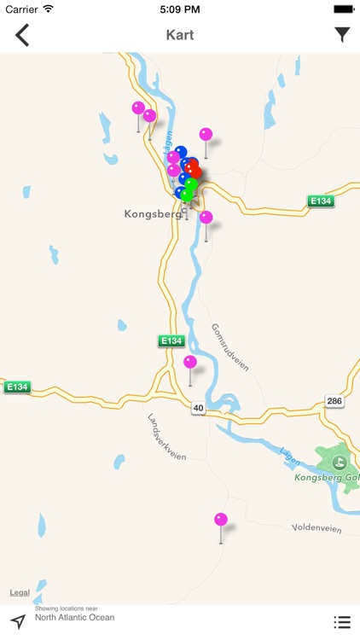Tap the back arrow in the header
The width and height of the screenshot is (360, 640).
coord(22,35)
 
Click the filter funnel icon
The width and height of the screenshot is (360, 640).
coord(341,35)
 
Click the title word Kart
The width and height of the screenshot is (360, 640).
coord(179,35)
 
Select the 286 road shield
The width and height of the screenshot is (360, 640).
coord(333,400)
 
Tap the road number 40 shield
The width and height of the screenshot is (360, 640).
coord(198,408)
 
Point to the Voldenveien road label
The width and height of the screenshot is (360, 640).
coord(316,529)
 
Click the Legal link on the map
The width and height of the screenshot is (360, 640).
coord(20,592)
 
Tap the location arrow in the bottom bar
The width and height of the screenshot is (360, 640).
coord(17,621)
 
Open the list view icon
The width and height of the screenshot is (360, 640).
coord(341,622)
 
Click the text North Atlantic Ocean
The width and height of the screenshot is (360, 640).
coord(74,618)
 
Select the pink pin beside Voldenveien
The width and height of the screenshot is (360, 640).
coord(221,520)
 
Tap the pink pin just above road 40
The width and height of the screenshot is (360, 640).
coord(190,363)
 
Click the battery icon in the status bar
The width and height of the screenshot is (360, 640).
coord(343,9)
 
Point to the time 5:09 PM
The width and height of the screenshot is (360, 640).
coord(179,9)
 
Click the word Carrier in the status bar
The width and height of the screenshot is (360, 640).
coord(22,9)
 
